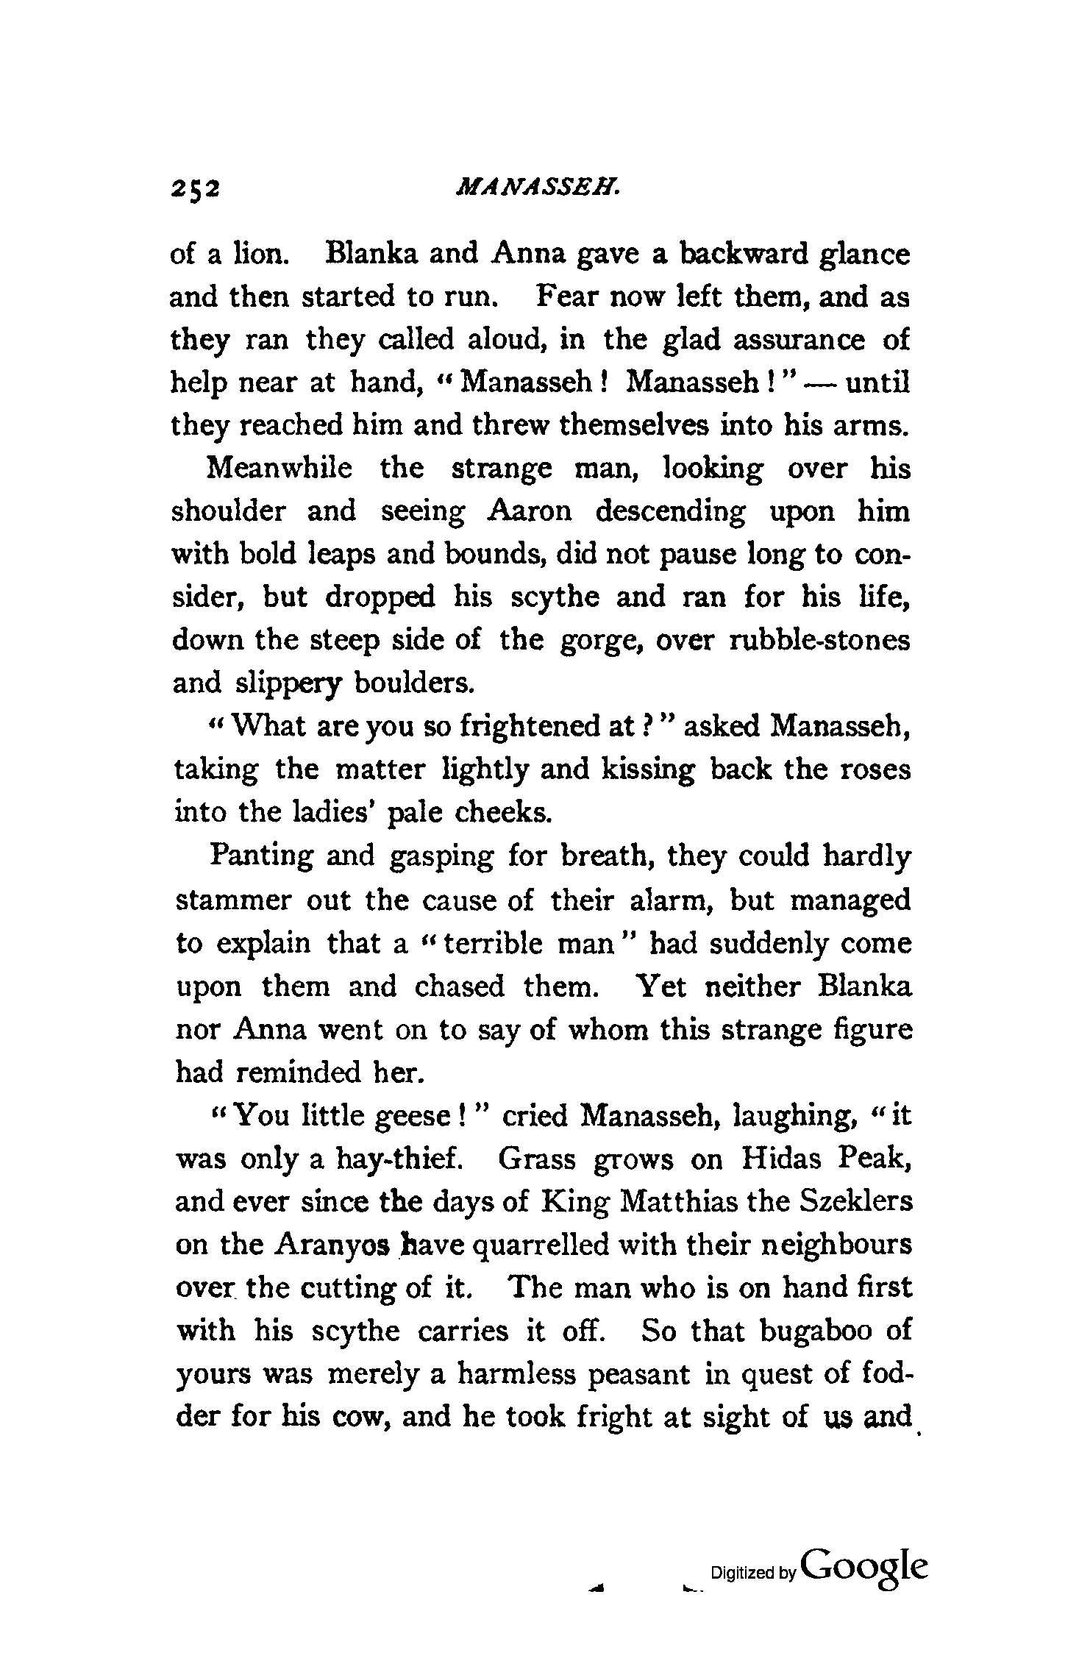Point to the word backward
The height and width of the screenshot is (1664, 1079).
click(x=742, y=255)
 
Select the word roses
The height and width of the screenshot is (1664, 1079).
click(x=875, y=769)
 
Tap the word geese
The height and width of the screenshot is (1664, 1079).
click(x=417, y=1116)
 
